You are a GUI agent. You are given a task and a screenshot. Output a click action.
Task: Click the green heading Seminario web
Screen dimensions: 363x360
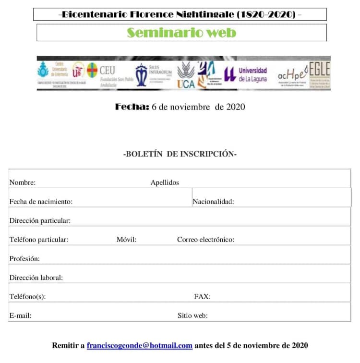pos(181,33)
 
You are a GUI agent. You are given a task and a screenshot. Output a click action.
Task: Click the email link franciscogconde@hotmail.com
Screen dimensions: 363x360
pos(140,345)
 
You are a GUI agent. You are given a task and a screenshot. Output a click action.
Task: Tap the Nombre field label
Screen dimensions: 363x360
pos(22,182)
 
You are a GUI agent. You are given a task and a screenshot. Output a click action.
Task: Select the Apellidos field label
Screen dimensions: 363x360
pos(165,182)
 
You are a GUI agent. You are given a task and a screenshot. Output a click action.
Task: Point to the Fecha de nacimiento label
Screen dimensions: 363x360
pos(41,202)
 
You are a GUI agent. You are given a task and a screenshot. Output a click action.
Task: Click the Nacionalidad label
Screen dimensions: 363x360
pos(213,202)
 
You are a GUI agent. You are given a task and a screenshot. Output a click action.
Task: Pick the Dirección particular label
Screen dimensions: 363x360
pos(40,220)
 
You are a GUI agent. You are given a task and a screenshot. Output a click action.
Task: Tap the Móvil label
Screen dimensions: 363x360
pos(126,240)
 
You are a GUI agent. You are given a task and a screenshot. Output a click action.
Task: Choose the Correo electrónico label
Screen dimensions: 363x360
pos(205,240)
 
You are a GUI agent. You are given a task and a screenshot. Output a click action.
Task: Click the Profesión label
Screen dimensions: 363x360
pos(24,259)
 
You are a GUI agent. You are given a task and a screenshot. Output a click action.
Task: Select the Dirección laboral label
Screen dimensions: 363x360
pos(36,278)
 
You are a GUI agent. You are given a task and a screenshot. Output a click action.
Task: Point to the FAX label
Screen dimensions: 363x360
pos(202,297)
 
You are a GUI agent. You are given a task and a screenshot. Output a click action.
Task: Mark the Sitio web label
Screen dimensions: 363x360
pos(192,315)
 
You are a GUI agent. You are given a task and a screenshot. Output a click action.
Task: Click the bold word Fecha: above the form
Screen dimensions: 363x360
pos(132,107)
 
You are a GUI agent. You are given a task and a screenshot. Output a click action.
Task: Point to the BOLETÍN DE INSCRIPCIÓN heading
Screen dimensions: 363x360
pos(180,154)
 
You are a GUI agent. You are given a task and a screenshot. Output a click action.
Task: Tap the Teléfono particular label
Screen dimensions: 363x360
pos(38,240)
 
